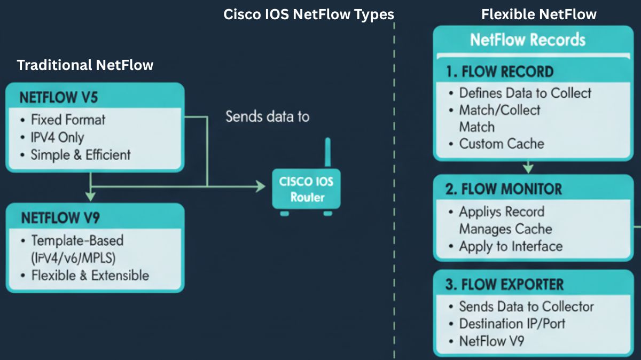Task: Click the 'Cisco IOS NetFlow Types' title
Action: (x=309, y=14)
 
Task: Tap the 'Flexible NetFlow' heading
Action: (x=538, y=14)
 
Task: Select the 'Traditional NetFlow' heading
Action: (x=85, y=65)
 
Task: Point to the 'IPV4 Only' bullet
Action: (x=57, y=137)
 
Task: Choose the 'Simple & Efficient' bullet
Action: (x=80, y=155)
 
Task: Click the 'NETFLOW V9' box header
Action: (x=60, y=218)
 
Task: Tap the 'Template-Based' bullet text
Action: (x=77, y=240)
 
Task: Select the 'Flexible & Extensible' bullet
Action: (x=90, y=276)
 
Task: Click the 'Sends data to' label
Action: (x=267, y=116)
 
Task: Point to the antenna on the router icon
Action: (x=327, y=152)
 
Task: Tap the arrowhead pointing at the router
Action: (x=260, y=186)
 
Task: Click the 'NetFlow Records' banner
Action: (x=527, y=40)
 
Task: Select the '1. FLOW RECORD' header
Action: (x=499, y=72)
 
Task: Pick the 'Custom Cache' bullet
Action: (x=501, y=144)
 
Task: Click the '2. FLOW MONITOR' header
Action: (x=503, y=189)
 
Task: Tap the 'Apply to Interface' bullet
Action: (x=510, y=246)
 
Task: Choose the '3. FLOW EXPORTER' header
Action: (x=504, y=284)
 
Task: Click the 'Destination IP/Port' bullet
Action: (x=512, y=324)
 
